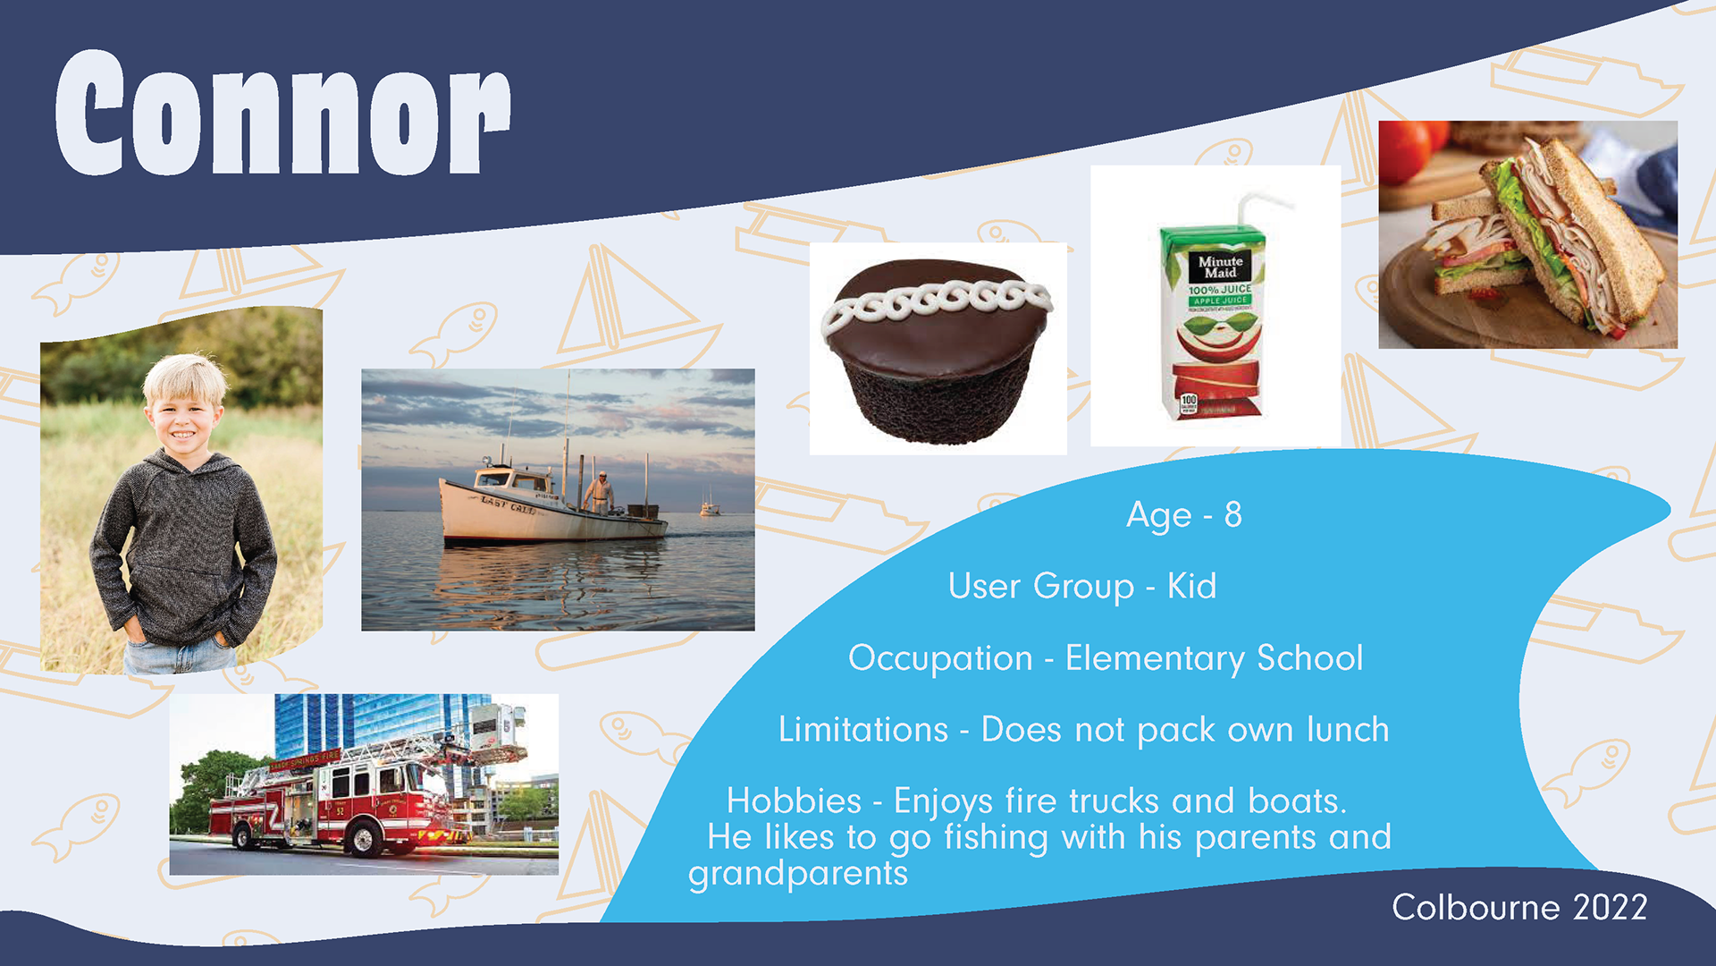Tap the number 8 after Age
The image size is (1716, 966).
tap(1233, 514)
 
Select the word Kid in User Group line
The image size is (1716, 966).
tap(1192, 586)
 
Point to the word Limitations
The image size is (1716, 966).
tap(862, 729)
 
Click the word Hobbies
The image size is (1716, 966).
tap(794, 801)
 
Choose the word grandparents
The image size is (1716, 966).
tap(798, 874)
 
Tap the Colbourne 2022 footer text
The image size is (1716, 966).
tap(1519, 907)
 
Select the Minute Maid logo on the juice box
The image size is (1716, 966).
tap(1219, 267)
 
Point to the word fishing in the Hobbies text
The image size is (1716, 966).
tap(996, 838)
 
